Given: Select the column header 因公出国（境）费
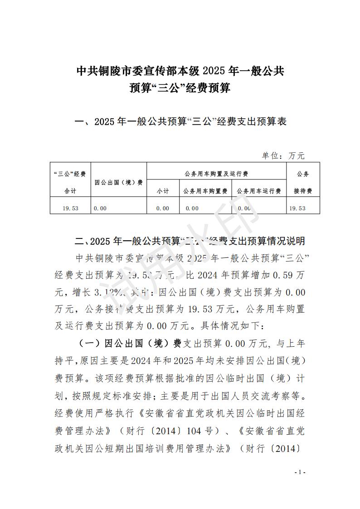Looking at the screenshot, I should click(x=118, y=182).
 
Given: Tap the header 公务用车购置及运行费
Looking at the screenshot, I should click(x=216, y=174).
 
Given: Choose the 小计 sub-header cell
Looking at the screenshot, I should click(x=163, y=191).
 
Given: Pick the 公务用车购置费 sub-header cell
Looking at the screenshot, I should click(x=205, y=191).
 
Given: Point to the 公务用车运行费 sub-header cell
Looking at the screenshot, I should click(x=259, y=191).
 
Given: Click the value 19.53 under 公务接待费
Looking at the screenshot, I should click(x=297, y=208).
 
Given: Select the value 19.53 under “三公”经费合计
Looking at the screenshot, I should click(x=71, y=208).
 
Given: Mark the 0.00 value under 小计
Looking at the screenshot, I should click(x=162, y=208).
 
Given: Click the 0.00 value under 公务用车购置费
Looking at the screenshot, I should click(x=192, y=208).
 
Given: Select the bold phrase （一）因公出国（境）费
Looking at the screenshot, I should click(x=130, y=343).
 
